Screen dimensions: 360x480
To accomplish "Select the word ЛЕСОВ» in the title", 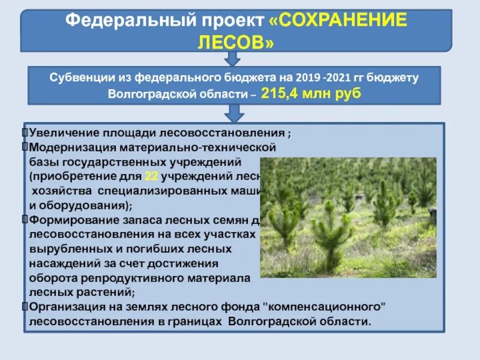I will click(x=236, y=42).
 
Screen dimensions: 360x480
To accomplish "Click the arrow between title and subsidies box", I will click(x=233, y=58).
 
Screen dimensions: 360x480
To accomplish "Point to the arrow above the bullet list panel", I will click(x=233, y=113).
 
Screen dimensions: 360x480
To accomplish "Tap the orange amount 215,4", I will click(x=281, y=95).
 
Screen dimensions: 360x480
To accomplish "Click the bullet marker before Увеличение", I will click(x=25, y=133).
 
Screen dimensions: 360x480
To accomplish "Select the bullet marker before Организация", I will click(x=25, y=306).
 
